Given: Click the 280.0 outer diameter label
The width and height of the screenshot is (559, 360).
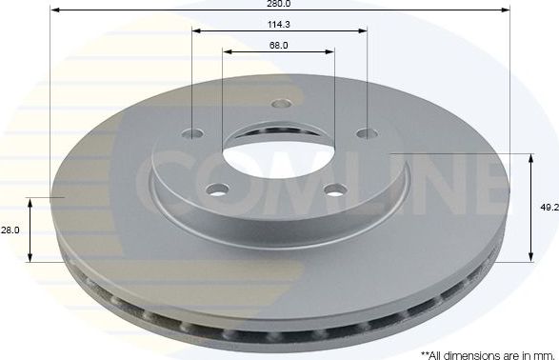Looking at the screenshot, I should click(278, 4).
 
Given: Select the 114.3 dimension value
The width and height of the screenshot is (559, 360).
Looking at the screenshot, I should click(279, 22).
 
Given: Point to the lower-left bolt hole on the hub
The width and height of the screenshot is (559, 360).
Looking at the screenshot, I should click(220, 189).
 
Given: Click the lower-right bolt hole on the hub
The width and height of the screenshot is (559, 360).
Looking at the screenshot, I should click(334, 189).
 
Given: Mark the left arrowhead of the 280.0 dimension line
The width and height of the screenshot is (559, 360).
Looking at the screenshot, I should click(52, 10).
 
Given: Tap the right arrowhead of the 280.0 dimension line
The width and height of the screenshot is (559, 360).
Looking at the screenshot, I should click(508, 10).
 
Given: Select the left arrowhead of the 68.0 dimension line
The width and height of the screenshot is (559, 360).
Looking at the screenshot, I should click(228, 51).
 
